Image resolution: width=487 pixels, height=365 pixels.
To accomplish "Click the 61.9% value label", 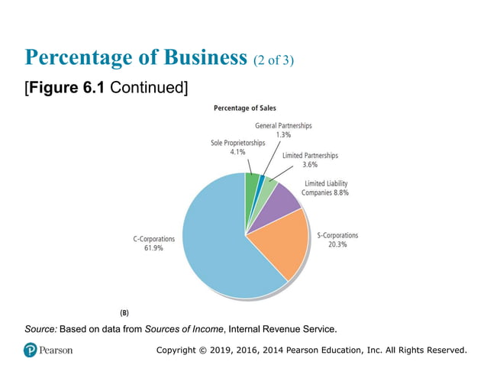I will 153,249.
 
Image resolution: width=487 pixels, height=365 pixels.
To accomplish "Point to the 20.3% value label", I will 337,245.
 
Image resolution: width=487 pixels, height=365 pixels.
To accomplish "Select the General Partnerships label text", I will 282,125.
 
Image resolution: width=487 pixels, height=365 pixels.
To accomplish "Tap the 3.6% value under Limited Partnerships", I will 310,165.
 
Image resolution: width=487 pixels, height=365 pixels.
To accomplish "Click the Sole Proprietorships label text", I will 238,143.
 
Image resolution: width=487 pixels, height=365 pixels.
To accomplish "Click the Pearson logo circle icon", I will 31,350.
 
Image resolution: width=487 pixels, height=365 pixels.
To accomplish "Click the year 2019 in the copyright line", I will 236,350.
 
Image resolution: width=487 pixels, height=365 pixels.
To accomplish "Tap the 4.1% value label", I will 238,153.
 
